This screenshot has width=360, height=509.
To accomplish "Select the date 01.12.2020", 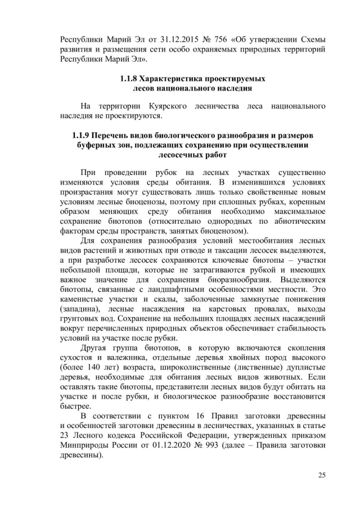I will pos(183,446).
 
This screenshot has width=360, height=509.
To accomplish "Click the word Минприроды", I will pos(85,446).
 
